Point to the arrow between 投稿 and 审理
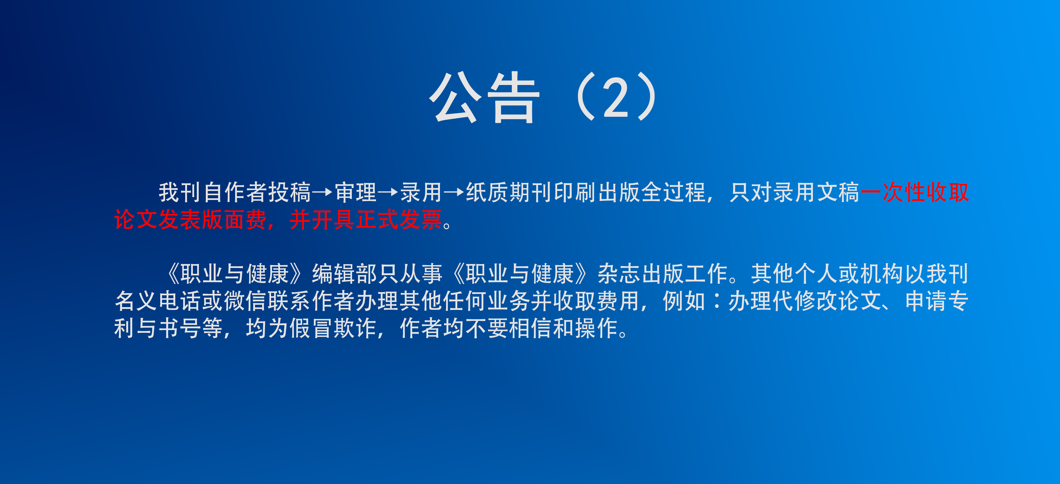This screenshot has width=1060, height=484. tap(322, 192)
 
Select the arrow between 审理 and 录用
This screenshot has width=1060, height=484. tap(388, 192)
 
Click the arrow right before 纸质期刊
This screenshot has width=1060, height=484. tap(453, 192)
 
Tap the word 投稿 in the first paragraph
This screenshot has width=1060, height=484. tap(290, 192)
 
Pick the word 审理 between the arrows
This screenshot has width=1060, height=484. tap(356, 192)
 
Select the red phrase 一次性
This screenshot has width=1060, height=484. tap(893, 192)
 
